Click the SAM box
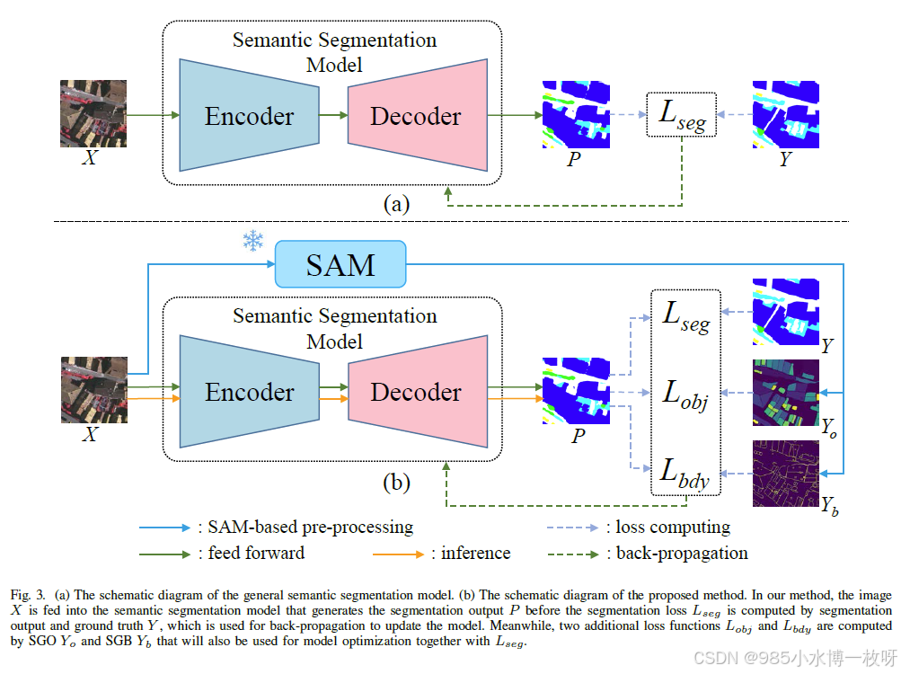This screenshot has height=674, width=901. [x=340, y=264]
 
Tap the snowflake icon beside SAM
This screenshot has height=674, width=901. [x=252, y=240]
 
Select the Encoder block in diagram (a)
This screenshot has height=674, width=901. [x=250, y=115]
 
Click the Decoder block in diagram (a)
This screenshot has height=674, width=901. [x=418, y=115]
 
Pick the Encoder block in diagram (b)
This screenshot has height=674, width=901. [x=250, y=391]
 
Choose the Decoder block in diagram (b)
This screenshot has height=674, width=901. [x=418, y=391]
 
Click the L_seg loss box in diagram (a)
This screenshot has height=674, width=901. [x=682, y=114]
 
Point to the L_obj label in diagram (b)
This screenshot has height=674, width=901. [x=685, y=395]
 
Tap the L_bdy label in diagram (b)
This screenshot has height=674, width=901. [x=685, y=473]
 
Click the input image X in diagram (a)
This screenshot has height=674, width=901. [x=93, y=113]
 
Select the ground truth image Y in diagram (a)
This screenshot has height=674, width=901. [x=785, y=114]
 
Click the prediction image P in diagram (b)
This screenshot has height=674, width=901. [x=576, y=391]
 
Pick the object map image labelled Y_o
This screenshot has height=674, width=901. [x=785, y=393]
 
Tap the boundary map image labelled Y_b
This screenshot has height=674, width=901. [x=785, y=474]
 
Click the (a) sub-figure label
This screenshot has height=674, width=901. [x=396, y=204]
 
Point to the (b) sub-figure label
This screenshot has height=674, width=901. [x=396, y=482]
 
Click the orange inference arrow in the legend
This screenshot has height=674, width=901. [x=398, y=554]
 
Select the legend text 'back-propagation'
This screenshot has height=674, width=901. [x=682, y=554]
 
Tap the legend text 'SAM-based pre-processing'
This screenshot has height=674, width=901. [x=310, y=528]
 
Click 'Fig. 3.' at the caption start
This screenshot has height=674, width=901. [x=28, y=595]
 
